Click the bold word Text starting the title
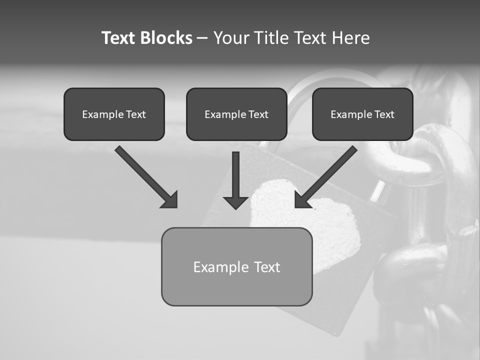(119, 38)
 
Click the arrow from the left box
(145, 175)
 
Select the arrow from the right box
(327, 175)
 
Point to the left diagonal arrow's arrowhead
(170, 200)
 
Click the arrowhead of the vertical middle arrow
(236, 202)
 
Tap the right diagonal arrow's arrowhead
(302, 200)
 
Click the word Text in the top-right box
(384, 114)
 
